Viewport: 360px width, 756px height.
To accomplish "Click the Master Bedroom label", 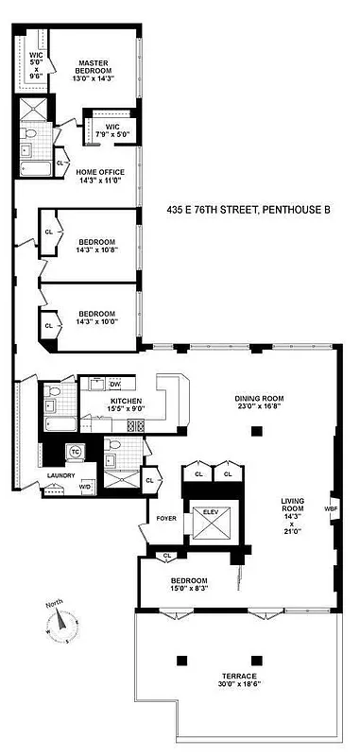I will pos(95,67).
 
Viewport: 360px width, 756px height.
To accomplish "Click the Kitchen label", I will pos(126,402).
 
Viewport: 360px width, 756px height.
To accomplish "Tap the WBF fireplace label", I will pos(330,507).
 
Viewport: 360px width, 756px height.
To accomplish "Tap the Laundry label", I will pos(60,474).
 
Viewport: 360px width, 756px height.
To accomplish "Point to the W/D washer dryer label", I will pos(84,487).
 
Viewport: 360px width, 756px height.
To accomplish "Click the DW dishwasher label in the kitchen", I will pos(115,384).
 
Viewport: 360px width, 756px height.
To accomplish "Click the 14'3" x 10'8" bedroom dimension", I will pos(96,250).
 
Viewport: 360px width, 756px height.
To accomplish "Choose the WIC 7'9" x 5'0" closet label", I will pos(112,130).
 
